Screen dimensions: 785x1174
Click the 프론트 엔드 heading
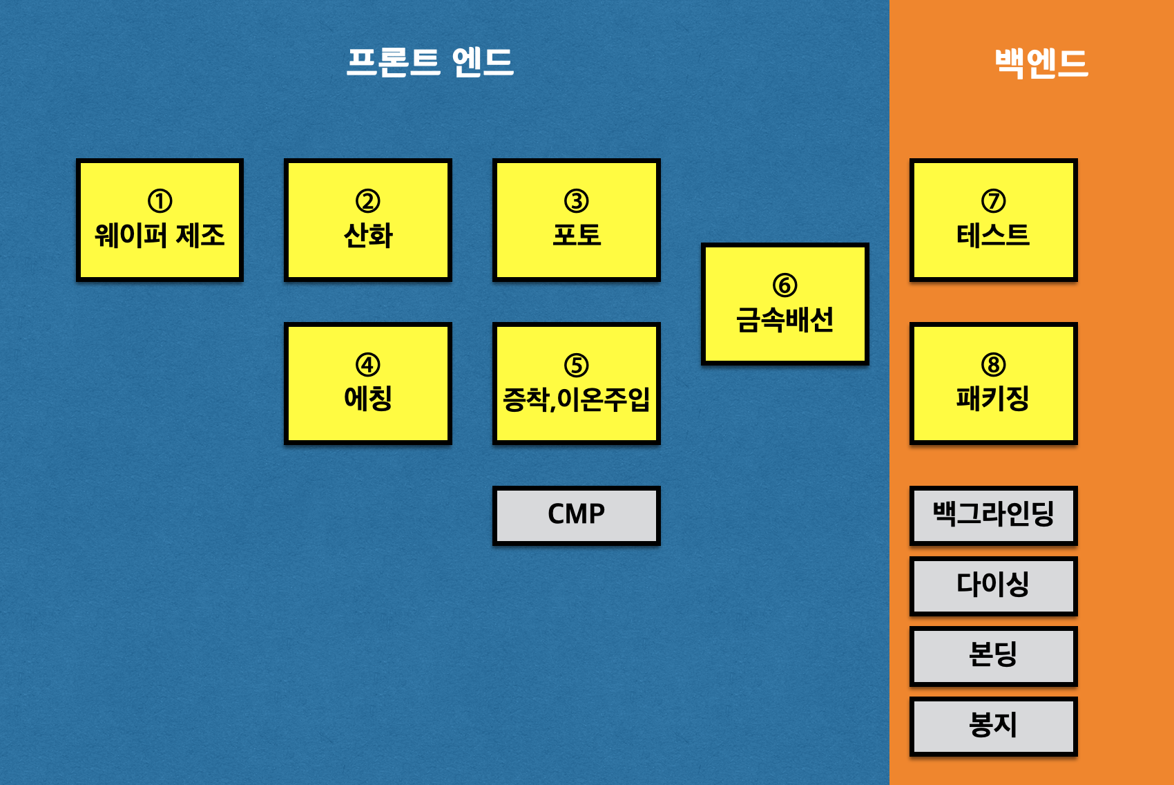(430, 62)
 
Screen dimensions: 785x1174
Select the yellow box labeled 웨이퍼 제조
(160, 220)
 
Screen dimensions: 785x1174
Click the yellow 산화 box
(368, 220)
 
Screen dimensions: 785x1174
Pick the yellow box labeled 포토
(577, 220)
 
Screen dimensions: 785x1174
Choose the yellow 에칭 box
(368, 384)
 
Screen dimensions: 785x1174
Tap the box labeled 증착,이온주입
(577, 384)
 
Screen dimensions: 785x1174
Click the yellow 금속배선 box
(785, 304)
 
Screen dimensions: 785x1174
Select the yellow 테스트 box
(994, 220)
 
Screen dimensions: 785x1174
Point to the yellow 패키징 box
(994, 384)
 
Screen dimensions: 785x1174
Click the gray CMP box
(577, 516)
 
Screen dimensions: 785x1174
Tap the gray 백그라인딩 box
(994, 516)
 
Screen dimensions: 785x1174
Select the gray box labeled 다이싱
(994, 586)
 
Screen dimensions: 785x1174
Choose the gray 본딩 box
(994, 656)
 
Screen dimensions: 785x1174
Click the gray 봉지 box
(994, 726)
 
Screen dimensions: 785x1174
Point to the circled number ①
(160, 201)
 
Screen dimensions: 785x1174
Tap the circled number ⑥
(785, 285)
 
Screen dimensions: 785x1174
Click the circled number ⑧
(993, 364)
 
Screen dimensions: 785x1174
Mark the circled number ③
(577, 201)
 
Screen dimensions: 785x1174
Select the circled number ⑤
(577, 365)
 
